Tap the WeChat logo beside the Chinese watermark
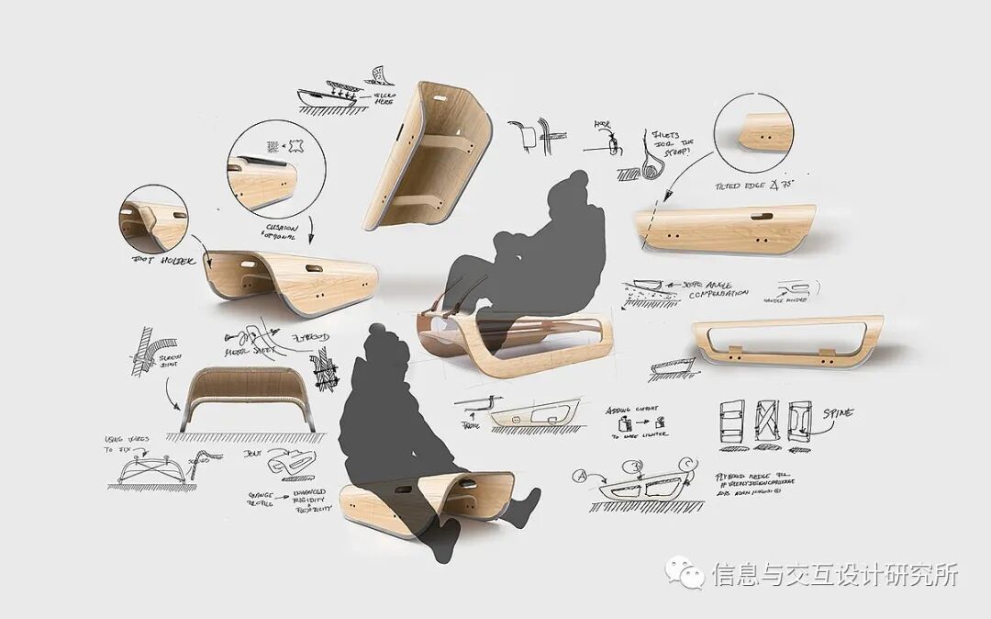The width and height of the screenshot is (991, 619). (x=685, y=575)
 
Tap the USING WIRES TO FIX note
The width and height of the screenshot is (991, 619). (x=128, y=445)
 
